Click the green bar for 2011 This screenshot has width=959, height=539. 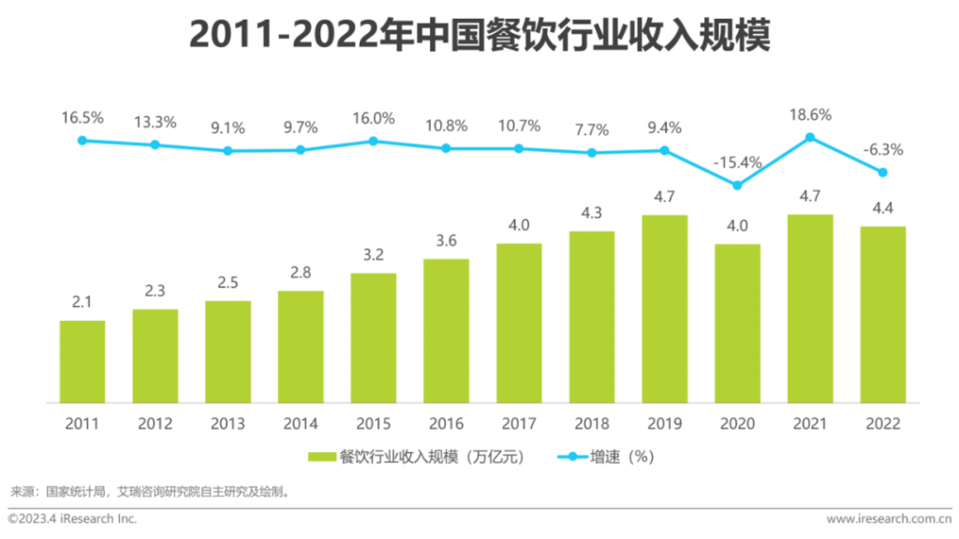[x=82, y=361]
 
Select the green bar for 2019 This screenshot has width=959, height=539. [x=665, y=309]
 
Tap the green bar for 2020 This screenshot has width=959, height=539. [x=737, y=323]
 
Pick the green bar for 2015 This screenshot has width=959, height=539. [x=374, y=338]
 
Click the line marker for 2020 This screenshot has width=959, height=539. [x=737, y=185]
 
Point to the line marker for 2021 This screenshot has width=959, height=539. [x=810, y=138]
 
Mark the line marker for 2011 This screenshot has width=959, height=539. [x=82, y=140]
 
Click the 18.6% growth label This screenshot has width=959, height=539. [x=810, y=114]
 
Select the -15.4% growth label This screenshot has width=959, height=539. [x=737, y=162]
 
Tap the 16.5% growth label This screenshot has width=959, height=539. [x=82, y=118]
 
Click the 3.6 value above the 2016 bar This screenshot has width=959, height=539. [x=447, y=241]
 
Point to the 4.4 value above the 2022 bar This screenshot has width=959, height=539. [x=883, y=209]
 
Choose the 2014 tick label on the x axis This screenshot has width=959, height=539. [x=301, y=424]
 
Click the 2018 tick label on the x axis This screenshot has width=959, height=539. [x=592, y=424]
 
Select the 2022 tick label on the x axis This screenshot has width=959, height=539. [x=883, y=424]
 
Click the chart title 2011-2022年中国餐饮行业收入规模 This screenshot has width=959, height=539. [x=479, y=35]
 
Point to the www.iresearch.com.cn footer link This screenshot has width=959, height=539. [x=888, y=518]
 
